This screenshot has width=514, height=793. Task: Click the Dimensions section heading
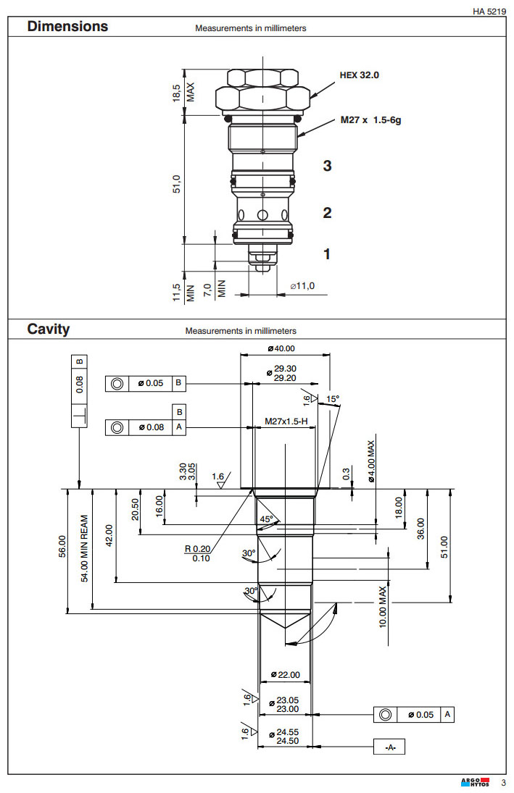pyautogui.click(x=67, y=27)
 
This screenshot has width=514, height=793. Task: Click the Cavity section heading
pyautogui.click(x=49, y=330)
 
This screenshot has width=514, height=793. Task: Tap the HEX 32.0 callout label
pyautogui.click(x=360, y=75)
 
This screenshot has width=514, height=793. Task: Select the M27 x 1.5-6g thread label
pyautogui.click(x=370, y=120)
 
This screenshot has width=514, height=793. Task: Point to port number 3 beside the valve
pyautogui.click(x=327, y=166)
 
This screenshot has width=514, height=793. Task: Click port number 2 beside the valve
pyautogui.click(x=327, y=213)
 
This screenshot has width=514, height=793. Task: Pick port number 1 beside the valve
pyautogui.click(x=327, y=254)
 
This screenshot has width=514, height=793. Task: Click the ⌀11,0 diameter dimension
pyautogui.click(x=302, y=287)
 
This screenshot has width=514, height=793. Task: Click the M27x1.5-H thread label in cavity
pyautogui.click(x=286, y=421)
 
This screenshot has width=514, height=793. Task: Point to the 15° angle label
pyautogui.click(x=333, y=399)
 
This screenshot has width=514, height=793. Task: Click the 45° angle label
pyautogui.click(x=268, y=519)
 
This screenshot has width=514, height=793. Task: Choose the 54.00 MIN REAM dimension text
pyautogui.click(x=84, y=548)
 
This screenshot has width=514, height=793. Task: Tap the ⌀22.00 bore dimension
pyautogui.click(x=285, y=675)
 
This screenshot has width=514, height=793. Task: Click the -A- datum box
pyautogui.click(x=389, y=747)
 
